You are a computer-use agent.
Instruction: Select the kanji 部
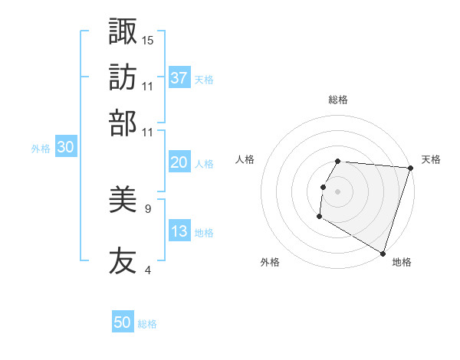pyautogui.click(x=123, y=122)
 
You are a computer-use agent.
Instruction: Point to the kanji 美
pyautogui.click(x=123, y=201)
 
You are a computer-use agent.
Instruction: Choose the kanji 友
pyautogui.click(x=123, y=261)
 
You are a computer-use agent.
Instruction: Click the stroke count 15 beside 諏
pyautogui.click(x=148, y=40)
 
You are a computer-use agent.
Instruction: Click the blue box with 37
pyautogui.click(x=179, y=77)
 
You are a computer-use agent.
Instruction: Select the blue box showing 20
pyautogui.click(x=179, y=162)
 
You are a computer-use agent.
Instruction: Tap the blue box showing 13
pyautogui.click(x=179, y=231)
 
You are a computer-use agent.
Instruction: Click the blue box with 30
pyautogui.click(x=65, y=148)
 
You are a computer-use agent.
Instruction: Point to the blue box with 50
pyautogui.click(x=123, y=322)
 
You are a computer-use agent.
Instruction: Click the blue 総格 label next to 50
pyautogui.click(x=147, y=324)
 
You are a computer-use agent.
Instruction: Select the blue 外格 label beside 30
pyautogui.click(x=41, y=149)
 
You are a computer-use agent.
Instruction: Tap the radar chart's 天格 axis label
pyautogui.click(x=431, y=159)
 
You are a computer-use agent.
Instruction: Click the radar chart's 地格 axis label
pyautogui.click(x=402, y=262)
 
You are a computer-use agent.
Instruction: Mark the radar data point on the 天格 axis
pyautogui.click(x=410, y=168)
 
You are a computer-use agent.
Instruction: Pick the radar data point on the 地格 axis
pyautogui.click(x=383, y=253)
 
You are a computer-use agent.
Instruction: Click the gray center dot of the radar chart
pyautogui.click(x=338, y=191)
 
